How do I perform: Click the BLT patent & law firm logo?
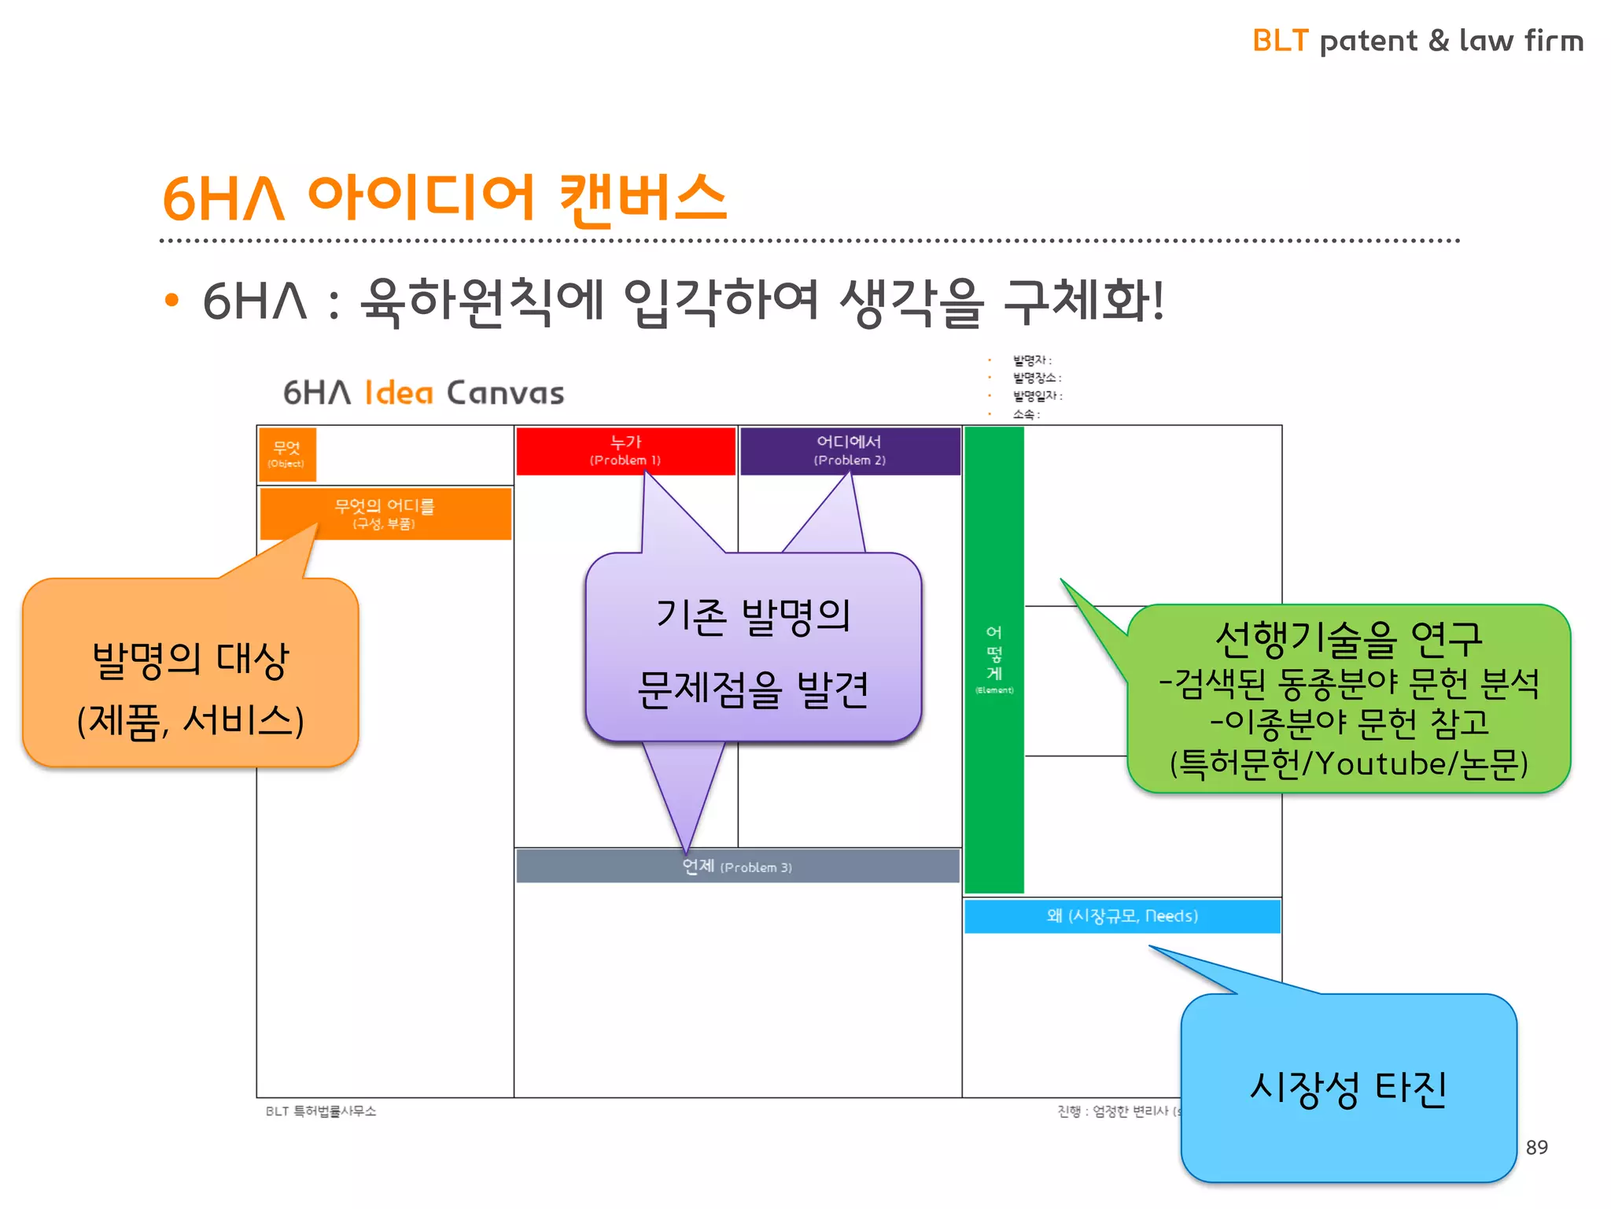pyautogui.click(x=1417, y=40)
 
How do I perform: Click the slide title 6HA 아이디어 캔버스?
pyautogui.click(x=444, y=198)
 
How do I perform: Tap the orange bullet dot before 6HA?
pyautogui.click(x=172, y=301)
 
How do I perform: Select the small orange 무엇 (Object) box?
pyautogui.click(x=287, y=454)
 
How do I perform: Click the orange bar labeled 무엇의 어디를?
pyautogui.click(x=385, y=513)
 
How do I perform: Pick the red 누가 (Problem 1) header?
pyautogui.click(x=625, y=450)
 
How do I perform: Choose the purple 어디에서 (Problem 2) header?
pyautogui.click(x=850, y=450)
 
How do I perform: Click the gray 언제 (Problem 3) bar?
pyautogui.click(x=737, y=867)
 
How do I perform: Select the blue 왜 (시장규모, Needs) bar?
pyautogui.click(x=1122, y=915)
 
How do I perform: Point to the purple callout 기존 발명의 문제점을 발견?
pyautogui.click(x=753, y=652)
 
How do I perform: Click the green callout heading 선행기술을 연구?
pyautogui.click(x=1348, y=638)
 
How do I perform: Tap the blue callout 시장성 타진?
pyautogui.click(x=1348, y=1089)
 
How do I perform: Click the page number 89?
pyautogui.click(x=1536, y=1147)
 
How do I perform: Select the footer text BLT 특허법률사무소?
pyautogui.click(x=321, y=1111)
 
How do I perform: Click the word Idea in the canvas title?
pyautogui.click(x=399, y=392)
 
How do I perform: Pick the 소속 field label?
pyautogui.click(x=1025, y=414)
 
